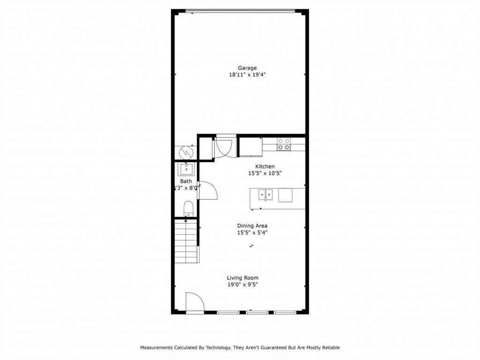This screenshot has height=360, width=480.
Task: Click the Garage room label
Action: (247, 68)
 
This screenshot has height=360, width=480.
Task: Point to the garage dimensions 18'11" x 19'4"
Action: (247, 75)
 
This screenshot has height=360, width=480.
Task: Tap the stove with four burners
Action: (283, 144)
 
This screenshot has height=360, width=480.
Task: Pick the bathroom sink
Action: (186, 168)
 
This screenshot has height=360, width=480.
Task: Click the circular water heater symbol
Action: (186, 152)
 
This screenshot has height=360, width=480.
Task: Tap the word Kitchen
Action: (265, 166)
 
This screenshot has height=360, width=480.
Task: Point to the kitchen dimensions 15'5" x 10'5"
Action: (265, 173)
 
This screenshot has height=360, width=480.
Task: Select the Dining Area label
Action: (252, 225)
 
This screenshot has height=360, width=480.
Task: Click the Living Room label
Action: (242, 277)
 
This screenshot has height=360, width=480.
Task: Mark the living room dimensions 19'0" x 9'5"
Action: (242, 284)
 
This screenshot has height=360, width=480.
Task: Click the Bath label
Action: (186, 181)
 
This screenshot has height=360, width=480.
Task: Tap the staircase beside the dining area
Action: (187, 243)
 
